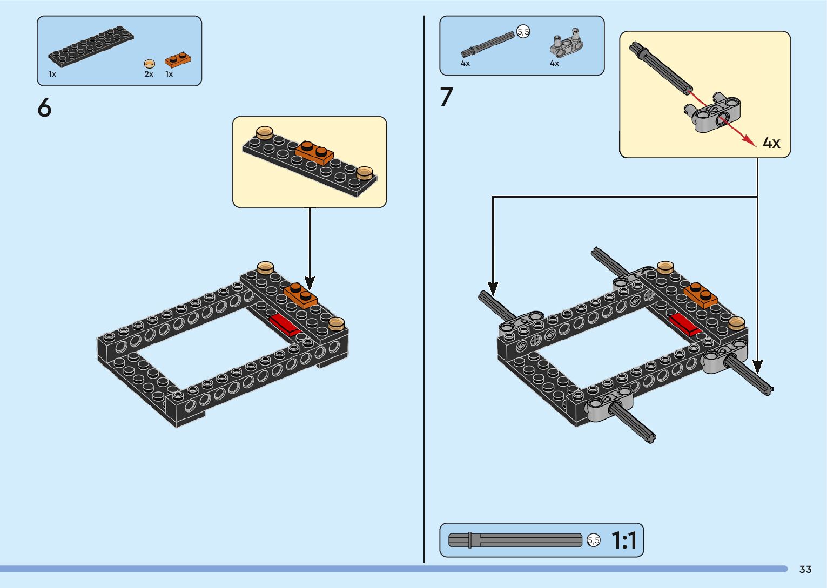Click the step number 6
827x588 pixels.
[x=44, y=108]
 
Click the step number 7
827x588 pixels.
[x=446, y=96]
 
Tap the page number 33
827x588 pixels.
[x=805, y=569]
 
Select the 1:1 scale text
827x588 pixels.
[x=624, y=540]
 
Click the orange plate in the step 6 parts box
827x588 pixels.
[x=178, y=60]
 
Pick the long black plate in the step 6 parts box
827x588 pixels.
[x=91, y=46]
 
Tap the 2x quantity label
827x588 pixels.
[x=149, y=74]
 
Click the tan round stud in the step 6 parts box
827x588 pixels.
[x=149, y=64]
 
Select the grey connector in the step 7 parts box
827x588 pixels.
[x=567, y=44]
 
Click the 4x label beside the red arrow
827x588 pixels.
[x=771, y=143]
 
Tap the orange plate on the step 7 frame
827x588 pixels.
[x=701, y=295]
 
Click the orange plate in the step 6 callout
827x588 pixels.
[x=314, y=152]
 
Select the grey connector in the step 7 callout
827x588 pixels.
[x=711, y=112]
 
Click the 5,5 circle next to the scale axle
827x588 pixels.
[x=594, y=540]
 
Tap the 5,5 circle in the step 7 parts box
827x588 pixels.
[x=523, y=32]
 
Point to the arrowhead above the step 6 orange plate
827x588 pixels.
[x=310, y=283]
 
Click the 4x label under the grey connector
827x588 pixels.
[x=554, y=63]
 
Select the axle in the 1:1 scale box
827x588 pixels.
[x=515, y=540]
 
